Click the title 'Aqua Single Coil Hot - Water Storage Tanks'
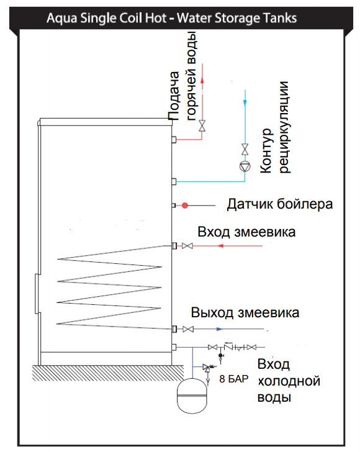tap(171, 18)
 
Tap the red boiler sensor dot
tap(185, 206)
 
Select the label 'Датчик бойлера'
tap(279, 204)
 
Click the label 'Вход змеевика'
tap(246, 232)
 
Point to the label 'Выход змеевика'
tap(245, 313)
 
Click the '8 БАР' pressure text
tap(234, 379)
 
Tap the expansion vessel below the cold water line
tap(192, 395)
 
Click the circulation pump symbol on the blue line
tap(245, 166)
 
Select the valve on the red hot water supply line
tap(202, 125)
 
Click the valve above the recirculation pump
tap(245, 149)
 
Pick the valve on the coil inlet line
tap(187, 246)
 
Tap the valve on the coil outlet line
tap(188, 329)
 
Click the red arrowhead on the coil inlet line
tap(221, 246)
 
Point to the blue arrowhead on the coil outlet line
tap(220, 329)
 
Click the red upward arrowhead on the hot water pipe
tap(202, 80)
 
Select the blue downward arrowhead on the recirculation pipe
tap(245, 102)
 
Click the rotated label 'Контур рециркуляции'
tap(275, 127)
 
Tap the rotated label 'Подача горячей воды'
tap(182, 76)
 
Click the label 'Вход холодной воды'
tap(289, 381)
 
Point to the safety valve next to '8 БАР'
tap(207, 368)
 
